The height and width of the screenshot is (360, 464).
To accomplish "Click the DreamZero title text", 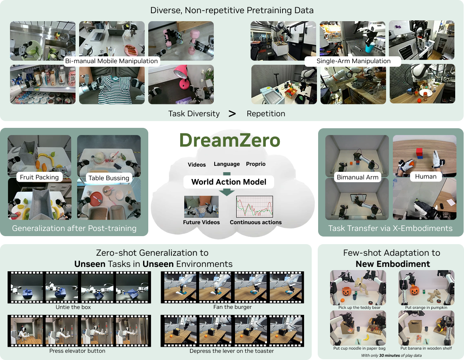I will (229, 140).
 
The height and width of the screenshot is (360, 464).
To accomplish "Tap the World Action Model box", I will (229, 182).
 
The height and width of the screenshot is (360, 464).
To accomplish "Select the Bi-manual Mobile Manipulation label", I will (112, 61).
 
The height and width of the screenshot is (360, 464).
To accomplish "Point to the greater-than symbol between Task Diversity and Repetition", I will (232, 113).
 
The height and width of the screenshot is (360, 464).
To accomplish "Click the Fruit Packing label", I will (39, 177).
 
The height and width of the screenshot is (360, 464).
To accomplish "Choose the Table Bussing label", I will (109, 178).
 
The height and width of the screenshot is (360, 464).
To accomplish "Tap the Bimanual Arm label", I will (357, 177).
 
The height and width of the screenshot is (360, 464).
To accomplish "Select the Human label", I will (426, 176).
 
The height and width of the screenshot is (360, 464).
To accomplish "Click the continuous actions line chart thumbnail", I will (255, 206).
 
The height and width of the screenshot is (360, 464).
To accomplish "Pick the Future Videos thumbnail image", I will (201, 207).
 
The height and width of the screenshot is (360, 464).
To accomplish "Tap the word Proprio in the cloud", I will (256, 164).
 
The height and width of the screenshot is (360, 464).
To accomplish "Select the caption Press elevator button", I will (78, 351).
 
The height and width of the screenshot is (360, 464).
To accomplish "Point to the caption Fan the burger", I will (232, 307).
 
